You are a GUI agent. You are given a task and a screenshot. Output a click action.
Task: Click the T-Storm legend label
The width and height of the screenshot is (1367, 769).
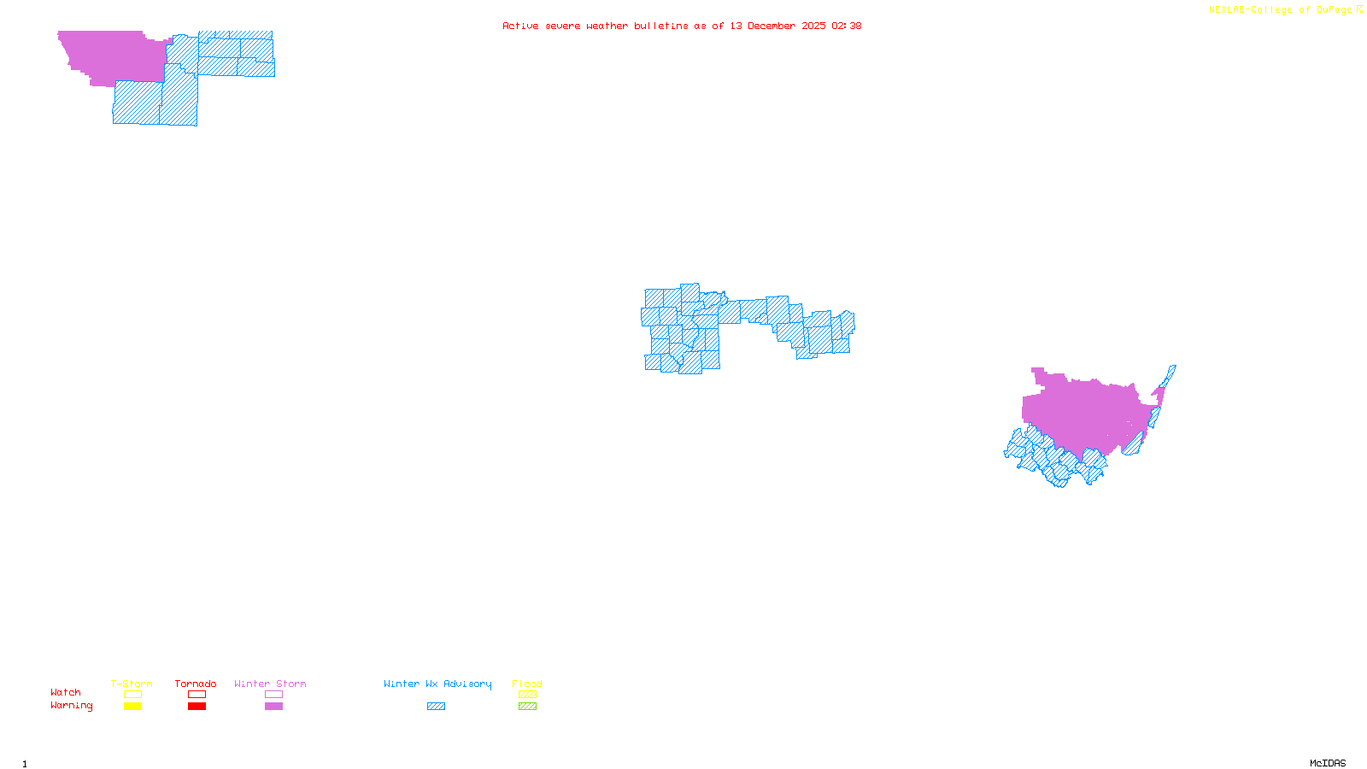click(132, 684)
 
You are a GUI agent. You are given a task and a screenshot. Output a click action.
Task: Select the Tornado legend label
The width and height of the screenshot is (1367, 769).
click(196, 684)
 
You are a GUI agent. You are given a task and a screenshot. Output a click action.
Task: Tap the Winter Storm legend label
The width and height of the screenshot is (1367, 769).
click(270, 684)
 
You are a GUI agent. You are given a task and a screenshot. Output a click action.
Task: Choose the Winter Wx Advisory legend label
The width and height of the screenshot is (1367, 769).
click(437, 684)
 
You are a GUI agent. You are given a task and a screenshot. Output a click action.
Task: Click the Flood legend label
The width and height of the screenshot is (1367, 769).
click(527, 684)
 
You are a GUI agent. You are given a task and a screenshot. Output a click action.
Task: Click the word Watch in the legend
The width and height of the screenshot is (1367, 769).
click(66, 692)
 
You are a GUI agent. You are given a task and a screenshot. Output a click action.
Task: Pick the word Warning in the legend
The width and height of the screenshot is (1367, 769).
click(72, 706)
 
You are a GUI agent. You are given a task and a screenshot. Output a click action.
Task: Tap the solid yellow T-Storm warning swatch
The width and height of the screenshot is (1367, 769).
click(132, 707)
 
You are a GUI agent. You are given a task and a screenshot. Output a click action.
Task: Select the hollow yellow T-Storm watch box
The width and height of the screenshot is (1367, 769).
click(132, 695)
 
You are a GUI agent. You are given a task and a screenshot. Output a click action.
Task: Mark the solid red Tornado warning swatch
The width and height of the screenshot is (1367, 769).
click(197, 707)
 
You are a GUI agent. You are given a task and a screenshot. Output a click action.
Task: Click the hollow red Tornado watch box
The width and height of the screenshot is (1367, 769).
click(197, 695)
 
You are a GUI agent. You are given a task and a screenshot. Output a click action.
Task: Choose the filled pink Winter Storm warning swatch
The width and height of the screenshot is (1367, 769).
click(273, 707)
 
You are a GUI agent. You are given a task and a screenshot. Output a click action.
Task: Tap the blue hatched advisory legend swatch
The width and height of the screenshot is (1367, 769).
click(436, 707)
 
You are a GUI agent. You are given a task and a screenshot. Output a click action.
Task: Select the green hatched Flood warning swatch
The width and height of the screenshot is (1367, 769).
click(528, 707)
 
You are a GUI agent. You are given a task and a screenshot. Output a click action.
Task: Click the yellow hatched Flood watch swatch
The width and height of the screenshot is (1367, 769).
click(528, 695)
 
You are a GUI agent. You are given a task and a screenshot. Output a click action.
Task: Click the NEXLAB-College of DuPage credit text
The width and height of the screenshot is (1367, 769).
click(1281, 10)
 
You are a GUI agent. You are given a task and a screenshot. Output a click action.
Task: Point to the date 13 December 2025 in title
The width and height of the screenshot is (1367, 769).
click(777, 26)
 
